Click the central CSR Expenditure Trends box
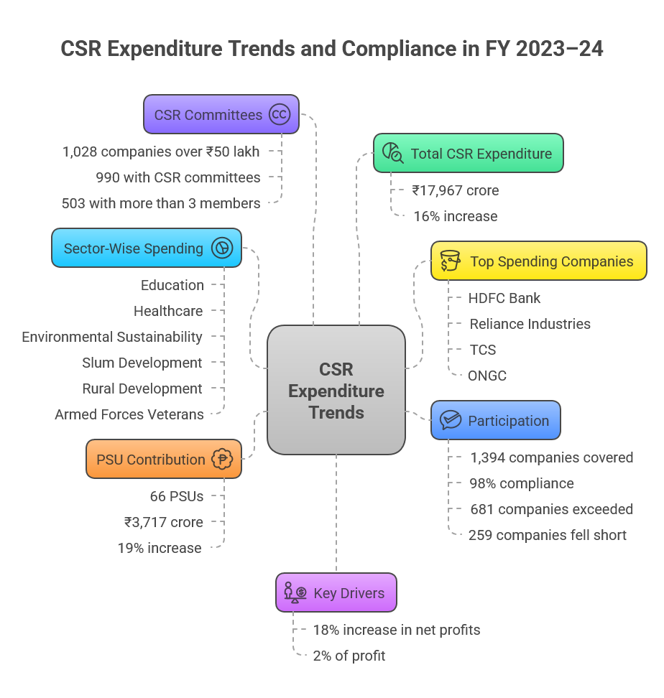[x=336, y=390]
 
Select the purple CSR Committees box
[x=221, y=114]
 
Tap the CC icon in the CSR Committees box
[x=280, y=114]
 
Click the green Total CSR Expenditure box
[x=468, y=153]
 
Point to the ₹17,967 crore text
[x=455, y=190]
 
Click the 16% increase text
[x=455, y=216]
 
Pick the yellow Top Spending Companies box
[x=538, y=261]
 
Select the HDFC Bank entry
[x=504, y=298]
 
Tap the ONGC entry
[x=487, y=376]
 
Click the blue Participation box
[x=495, y=420]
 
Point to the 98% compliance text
[x=521, y=483]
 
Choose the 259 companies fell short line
[x=547, y=535]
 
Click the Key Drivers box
[x=336, y=592]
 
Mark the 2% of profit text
[x=349, y=656]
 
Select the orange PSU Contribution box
[x=163, y=459]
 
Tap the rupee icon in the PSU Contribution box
[x=222, y=459]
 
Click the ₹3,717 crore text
[x=163, y=522]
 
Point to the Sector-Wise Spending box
[x=146, y=248]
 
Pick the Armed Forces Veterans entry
[x=129, y=414]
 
